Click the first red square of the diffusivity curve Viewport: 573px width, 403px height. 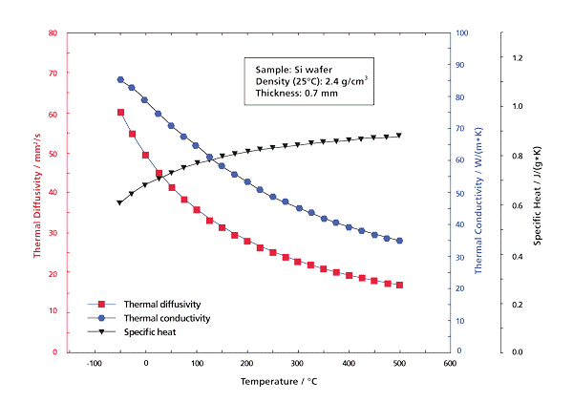click(x=120, y=112)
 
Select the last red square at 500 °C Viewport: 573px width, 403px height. click(x=399, y=285)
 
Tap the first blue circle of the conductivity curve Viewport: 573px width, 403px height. click(x=120, y=80)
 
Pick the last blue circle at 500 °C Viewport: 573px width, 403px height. click(x=399, y=241)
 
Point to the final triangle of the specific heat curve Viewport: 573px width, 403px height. click(x=399, y=135)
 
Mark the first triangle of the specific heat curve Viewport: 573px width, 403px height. click(x=120, y=202)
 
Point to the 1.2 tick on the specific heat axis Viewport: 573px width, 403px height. click(x=519, y=57)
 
